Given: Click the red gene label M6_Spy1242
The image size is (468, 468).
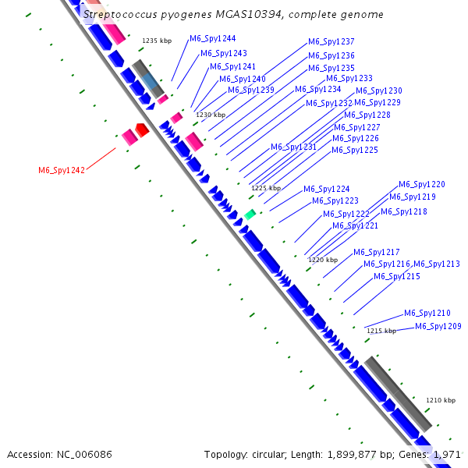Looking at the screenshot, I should tap(62, 170).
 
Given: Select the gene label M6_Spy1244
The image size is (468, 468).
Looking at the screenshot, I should tap(212, 38).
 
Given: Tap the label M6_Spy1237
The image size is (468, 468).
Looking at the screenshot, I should tap(331, 41).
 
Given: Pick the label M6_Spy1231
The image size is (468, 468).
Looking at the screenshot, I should tap(293, 147).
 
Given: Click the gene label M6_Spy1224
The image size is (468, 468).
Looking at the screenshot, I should tap(326, 189).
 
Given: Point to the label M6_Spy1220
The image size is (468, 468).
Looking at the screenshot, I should tap(421, 185).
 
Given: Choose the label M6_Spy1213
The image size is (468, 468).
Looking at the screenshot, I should tap(436, 264).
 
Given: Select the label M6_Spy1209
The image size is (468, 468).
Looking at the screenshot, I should tap(438, 326).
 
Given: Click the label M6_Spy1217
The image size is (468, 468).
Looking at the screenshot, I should tap(376, 252).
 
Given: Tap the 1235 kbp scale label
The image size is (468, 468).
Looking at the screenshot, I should tap(156, 41).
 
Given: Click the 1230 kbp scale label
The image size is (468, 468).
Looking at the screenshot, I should tap(210, 115).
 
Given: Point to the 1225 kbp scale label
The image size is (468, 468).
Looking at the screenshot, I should tap(265, 188).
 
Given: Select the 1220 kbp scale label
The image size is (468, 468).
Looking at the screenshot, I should tap(323, 260).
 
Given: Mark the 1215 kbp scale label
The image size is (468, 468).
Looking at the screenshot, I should tap(381, 331).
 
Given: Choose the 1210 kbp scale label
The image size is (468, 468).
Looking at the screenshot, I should tap(440, 400).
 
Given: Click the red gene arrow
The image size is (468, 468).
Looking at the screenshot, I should tap(141, 129).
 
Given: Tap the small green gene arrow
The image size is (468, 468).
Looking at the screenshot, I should tap(250, 214).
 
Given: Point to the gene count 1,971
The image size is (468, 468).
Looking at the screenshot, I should tap(448, 454).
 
